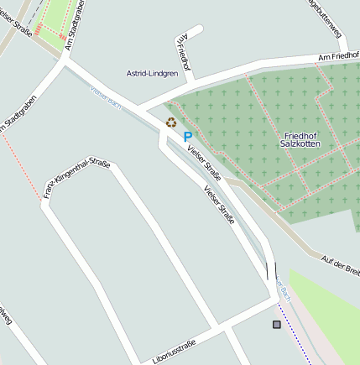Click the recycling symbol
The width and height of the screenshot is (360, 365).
[x=171, y=123]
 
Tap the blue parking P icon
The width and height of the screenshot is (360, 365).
[x=188, y=136]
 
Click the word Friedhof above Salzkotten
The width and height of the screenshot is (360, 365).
[x=301, y=135]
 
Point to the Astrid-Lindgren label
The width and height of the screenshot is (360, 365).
[x=152, y=74]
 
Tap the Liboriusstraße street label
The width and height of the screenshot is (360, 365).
[x=175, y=351]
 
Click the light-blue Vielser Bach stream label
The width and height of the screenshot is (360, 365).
[x=104, y=95]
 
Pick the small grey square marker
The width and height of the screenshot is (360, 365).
[x=277, y=324]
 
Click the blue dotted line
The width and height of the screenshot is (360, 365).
[x=294, y=333]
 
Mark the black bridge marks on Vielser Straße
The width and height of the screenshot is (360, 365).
[x=271, y=270]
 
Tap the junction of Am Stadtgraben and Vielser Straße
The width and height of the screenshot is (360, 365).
[x=65, y=60]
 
